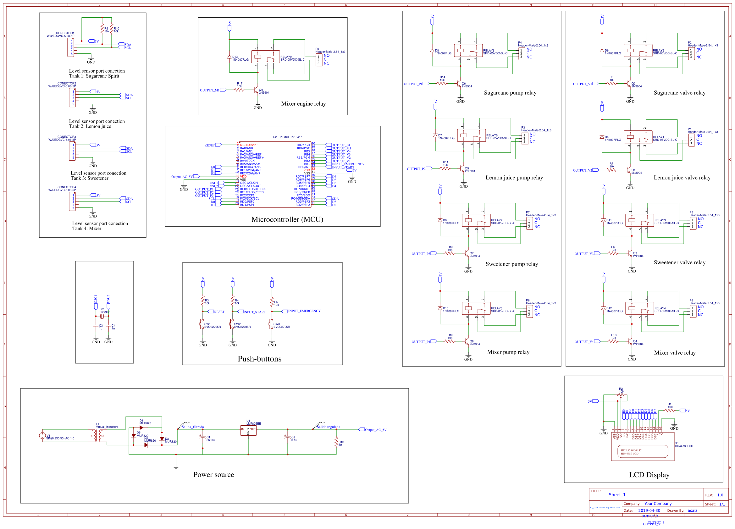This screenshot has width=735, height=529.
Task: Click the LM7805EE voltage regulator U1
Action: pos(248,430)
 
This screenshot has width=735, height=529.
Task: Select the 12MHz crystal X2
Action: pos(102,316)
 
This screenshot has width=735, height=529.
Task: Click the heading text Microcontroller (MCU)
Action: pos(287,219)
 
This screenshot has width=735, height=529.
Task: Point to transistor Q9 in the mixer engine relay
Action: pos(256,90)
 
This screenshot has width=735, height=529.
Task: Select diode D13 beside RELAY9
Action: pos(229,57)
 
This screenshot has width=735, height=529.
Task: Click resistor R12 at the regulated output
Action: pos(336,443)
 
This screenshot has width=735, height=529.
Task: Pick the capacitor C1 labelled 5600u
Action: pos(203,438)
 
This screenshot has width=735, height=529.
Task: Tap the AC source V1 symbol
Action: pos(42,436)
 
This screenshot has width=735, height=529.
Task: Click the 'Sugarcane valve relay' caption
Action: pos(679,93)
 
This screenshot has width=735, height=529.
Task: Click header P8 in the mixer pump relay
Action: pos(529,311)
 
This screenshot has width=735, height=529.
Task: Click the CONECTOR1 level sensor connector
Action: pos(71,47)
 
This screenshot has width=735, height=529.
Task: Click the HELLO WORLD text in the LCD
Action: pos(631,450)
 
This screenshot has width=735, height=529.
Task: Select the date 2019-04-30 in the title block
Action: pos(649,510)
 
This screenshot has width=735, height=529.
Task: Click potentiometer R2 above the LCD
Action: pos(621,395)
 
